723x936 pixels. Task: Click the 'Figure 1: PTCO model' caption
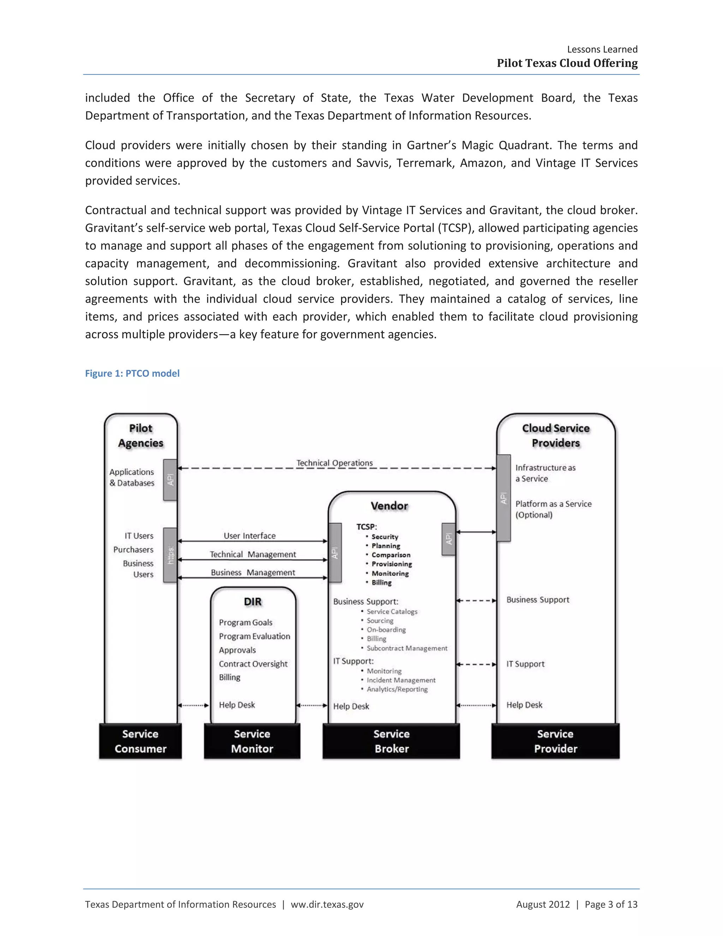132,373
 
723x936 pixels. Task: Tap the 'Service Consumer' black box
141,741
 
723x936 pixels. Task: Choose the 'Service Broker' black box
391,741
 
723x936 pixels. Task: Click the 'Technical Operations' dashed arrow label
335,463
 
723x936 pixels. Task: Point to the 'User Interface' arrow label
250,536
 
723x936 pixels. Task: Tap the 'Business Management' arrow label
253,573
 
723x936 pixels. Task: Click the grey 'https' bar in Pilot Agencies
171,555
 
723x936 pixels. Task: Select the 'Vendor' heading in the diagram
389,506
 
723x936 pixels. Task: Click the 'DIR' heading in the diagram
253,602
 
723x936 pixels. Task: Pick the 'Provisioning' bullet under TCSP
392,564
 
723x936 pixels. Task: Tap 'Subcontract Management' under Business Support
407,648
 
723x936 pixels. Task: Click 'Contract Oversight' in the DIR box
253,664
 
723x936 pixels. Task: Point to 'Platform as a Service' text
554,504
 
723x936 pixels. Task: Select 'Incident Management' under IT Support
401,680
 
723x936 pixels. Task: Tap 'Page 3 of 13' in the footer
611,904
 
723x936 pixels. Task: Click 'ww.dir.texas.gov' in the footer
327,904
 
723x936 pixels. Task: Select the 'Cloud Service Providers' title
556,436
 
